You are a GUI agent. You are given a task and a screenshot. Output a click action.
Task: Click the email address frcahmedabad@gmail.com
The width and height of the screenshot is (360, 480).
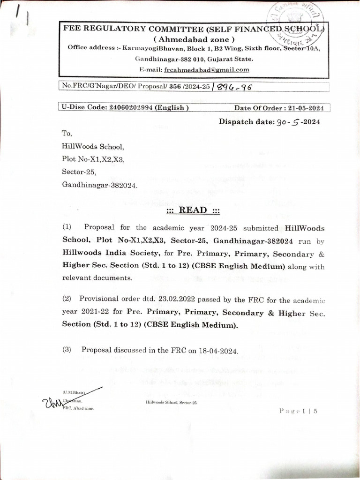(x=206, y=69)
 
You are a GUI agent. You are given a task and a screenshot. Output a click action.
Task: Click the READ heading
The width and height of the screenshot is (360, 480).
(x=193, y=210)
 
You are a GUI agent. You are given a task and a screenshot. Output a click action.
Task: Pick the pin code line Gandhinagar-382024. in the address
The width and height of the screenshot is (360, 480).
(x=100, y=185)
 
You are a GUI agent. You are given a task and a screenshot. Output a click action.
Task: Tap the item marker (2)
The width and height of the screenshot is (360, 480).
(x=67, y=298)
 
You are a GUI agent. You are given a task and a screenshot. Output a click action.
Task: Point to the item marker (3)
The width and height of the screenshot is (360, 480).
(x=67, y=350)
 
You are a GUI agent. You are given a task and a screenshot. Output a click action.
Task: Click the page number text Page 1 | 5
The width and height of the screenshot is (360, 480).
(x=299, y=411)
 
